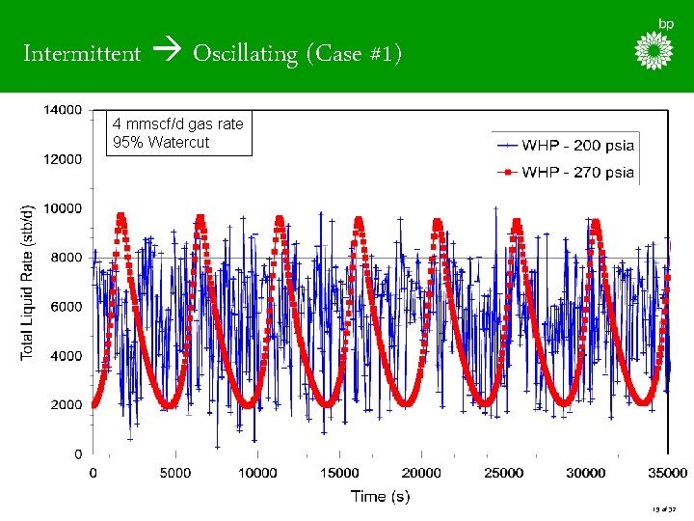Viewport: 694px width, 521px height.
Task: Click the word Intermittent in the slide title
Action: point(82,53)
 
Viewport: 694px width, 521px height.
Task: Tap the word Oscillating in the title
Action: point(246,53)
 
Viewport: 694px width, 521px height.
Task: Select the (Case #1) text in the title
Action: point(353,53)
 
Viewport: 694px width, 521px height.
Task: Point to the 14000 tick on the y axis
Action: point(61,110)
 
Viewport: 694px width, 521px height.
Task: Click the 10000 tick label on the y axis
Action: point(61,208)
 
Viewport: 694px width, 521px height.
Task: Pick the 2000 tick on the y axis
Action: point(65,405)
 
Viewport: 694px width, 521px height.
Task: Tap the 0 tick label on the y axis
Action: point(77,454)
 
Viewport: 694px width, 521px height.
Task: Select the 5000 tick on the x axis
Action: point(174,473)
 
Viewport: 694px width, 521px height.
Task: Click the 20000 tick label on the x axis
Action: point(421,473)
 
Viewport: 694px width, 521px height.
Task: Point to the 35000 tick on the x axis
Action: point(667,473)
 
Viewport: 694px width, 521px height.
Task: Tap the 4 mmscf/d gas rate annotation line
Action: point(177,124)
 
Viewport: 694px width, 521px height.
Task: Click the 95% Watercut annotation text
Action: point(161,142)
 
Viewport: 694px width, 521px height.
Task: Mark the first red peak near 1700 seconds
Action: point(120,217)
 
